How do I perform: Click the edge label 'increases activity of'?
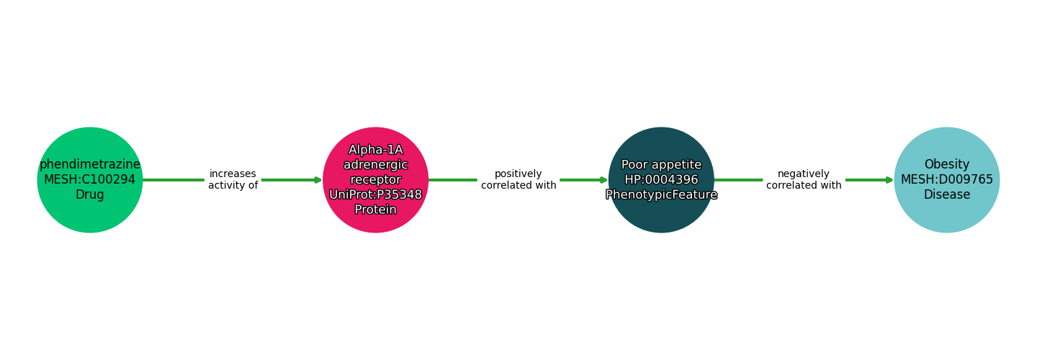233,180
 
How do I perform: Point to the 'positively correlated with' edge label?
518,180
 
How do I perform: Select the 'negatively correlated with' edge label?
804,180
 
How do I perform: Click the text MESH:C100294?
90,180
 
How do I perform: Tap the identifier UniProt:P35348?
375,195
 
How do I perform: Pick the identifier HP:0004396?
661,180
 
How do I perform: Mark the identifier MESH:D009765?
947,180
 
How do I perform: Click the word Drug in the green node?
90,195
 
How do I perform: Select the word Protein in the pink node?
375,210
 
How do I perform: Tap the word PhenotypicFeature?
661,195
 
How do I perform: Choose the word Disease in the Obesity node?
947,195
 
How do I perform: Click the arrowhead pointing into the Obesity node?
890,180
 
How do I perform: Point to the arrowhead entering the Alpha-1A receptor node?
318,180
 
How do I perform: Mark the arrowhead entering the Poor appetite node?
604,180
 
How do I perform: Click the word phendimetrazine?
90,165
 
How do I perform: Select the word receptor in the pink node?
375,180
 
